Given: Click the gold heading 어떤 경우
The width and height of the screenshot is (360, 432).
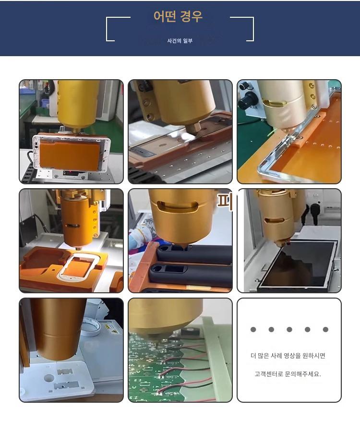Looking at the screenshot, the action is point(178,16).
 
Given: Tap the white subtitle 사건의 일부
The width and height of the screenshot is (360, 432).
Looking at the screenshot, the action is point(180,41).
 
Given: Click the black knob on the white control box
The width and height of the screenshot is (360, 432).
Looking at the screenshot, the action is point(247,100).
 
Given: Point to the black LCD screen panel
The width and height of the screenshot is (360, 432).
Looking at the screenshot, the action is point(298,265).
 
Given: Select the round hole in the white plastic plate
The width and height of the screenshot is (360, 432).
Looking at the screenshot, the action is point(49,378).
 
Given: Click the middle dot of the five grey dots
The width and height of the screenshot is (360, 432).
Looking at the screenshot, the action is point(289,329).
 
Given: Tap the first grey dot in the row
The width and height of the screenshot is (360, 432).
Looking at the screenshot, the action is point(253,329).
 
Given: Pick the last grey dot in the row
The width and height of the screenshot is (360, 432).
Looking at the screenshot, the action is point(325,329).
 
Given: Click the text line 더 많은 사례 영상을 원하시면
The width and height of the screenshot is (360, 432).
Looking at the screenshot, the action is point(288,356).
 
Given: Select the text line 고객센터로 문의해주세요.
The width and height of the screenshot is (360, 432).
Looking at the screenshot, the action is point(288,374).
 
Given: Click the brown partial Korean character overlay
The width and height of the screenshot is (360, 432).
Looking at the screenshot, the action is point(225,200).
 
